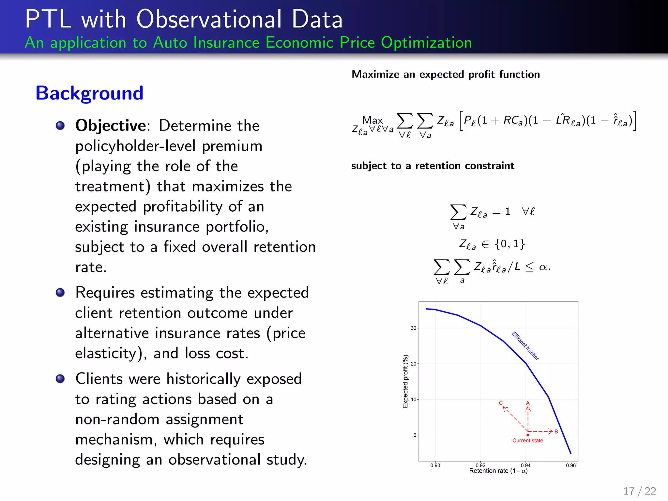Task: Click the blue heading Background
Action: [89, 93]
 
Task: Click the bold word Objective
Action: [111, 126]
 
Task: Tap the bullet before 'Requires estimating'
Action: [60, 292]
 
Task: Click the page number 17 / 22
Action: [639, 491]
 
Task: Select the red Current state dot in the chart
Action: [528, 435]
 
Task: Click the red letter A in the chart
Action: [528, 403]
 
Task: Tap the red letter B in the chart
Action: [556, 432]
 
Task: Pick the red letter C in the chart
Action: [501, 403]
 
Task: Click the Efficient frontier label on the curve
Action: [525, 346]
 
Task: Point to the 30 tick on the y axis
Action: [413, 328]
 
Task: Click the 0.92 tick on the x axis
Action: [480, 465]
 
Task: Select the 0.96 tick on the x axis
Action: [571, 465]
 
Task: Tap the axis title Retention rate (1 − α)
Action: [498, 471]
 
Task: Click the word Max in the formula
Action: [372, 120]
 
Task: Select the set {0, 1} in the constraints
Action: [509, 244]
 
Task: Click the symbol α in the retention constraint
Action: [543, 267]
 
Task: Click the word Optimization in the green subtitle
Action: [426, 43]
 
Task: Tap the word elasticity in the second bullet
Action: [105, 354]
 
